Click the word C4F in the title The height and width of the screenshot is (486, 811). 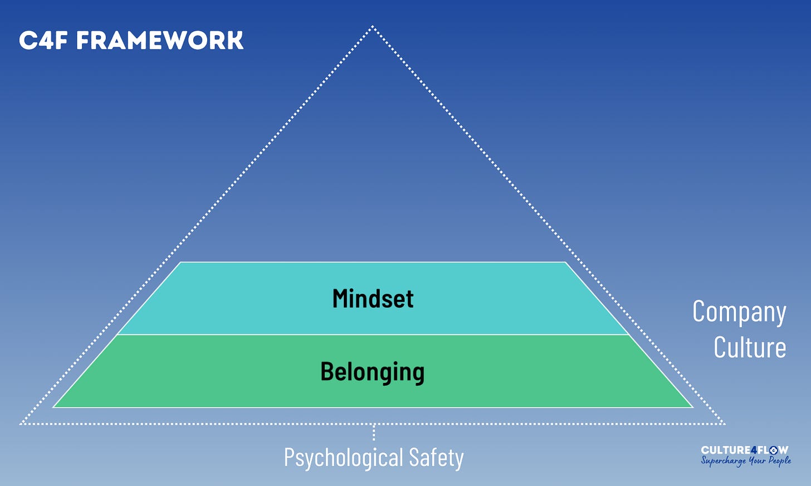click(43, 41)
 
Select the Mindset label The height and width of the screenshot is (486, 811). click(373, 299)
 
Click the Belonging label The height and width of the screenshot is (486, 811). click(372, 372)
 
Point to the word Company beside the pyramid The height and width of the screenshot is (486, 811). click(739, 312)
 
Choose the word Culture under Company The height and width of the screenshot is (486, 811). click(750, 347)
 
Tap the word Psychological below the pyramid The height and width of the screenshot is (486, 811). click(343, 458)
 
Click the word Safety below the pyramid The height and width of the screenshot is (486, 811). click(436, 457)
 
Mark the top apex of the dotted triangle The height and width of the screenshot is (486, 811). click(373, 26)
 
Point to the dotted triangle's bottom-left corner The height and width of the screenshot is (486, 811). click(21, 424)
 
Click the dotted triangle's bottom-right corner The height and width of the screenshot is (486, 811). click(724, 424)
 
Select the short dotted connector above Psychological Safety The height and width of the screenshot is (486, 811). click(373, 432)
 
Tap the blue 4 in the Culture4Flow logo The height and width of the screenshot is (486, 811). click(754, 450)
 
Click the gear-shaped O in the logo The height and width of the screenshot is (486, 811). click(774, 450)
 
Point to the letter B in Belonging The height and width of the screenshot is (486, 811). click(327, 372)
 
